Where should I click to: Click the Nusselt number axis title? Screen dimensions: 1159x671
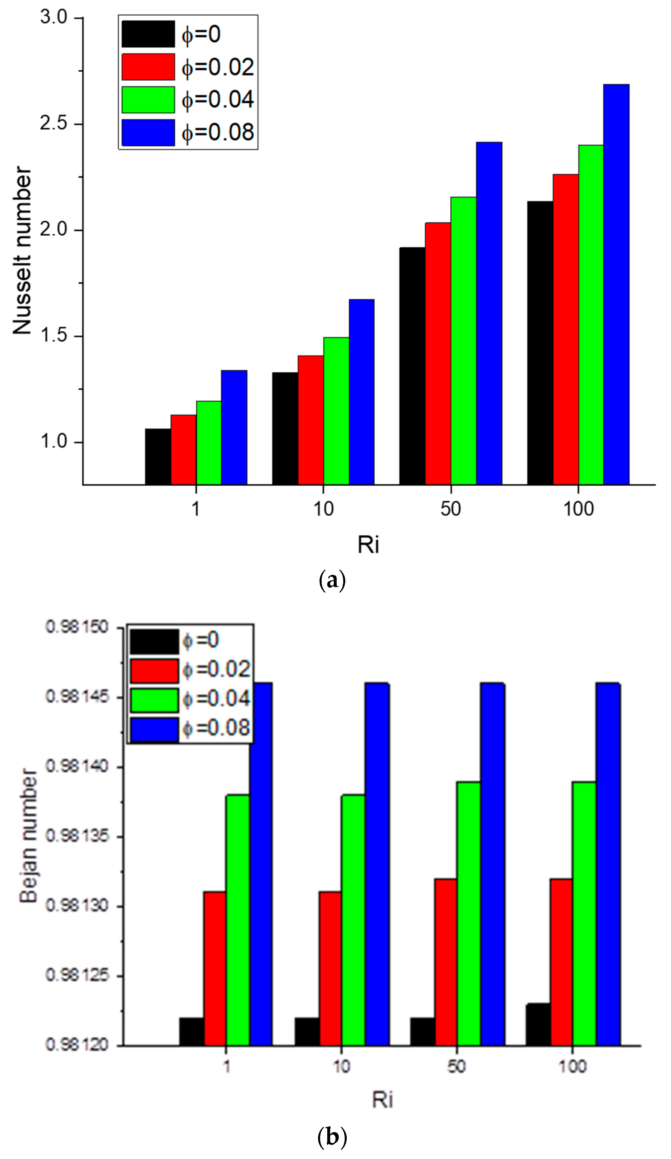[x=22, y=251]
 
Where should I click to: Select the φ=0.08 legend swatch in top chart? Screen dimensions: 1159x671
[x=148, y=133]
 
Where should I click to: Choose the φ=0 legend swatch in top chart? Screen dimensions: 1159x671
[x=148, y=34]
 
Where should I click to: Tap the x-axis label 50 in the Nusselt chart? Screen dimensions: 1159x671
[x=450, y=509]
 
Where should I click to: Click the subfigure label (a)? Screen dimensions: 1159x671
[x=332, y=581]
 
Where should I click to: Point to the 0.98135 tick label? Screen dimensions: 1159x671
[x=71, y=836]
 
